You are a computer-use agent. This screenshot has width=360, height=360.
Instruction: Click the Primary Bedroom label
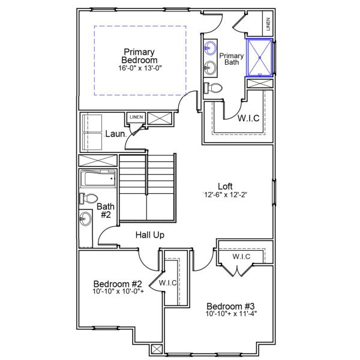tap(139, 56)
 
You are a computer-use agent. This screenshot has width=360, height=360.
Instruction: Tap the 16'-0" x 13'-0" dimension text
tap(139, 68)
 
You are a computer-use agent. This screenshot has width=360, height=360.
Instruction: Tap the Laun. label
tap(115, 134)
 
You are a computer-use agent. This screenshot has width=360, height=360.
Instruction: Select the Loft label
tap(225, 186)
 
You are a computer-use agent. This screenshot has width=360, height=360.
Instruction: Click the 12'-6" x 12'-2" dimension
tap(225, 195)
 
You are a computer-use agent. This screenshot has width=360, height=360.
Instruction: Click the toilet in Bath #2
tap(88, 199)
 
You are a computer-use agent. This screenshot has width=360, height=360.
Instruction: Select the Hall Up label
tap(149, 235)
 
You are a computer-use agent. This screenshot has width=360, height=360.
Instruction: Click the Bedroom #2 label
tap(118, 284)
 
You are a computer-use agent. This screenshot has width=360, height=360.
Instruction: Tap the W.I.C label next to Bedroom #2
tap(167, 283)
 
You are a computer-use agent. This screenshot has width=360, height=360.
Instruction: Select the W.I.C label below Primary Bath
tap(248, 118)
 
